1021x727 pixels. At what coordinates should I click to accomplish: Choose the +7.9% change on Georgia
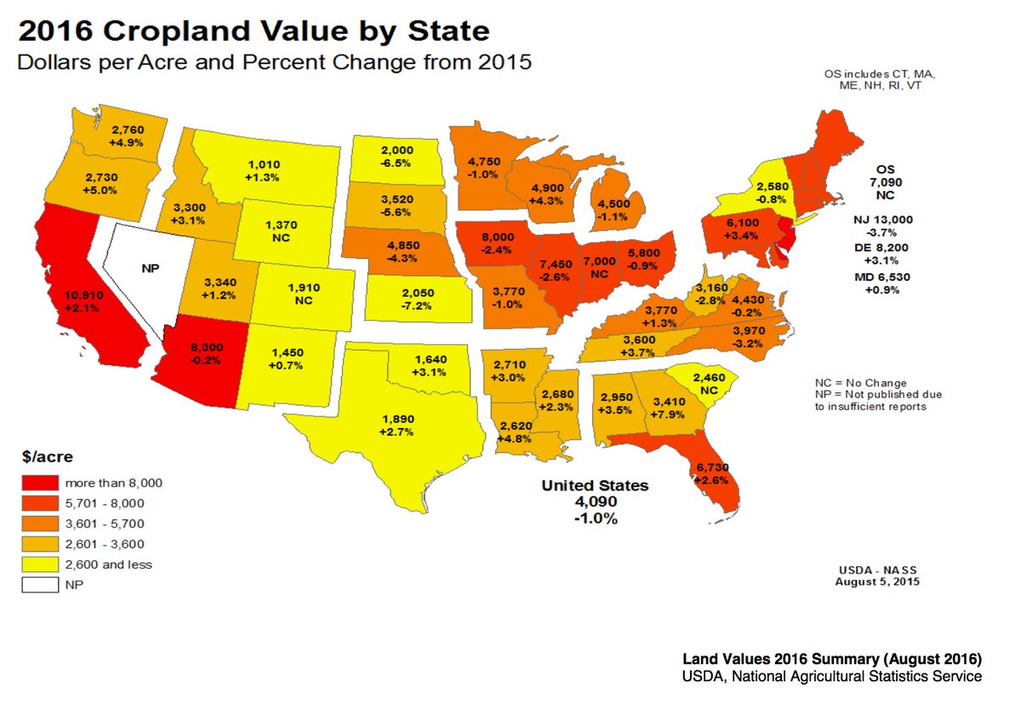(x=670, y=415)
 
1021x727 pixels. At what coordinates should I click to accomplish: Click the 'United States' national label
(x=596, y=485)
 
